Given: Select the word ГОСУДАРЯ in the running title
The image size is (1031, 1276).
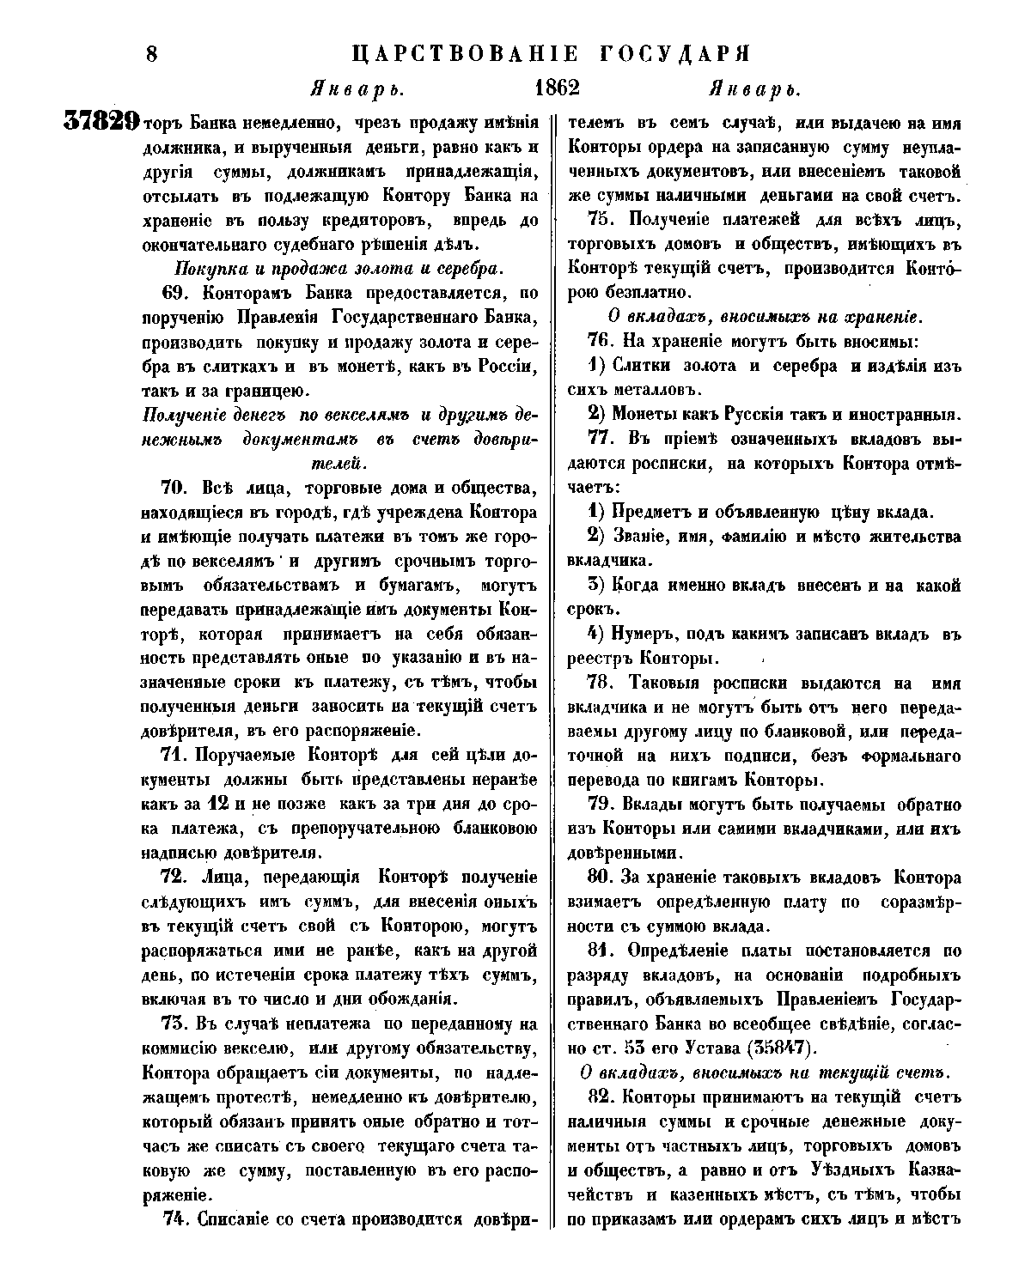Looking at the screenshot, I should point(671,53).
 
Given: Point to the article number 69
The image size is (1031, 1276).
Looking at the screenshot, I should point(174,294).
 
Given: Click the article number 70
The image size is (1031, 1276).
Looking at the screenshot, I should point(174,489).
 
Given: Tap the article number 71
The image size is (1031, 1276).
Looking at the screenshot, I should point(175,756).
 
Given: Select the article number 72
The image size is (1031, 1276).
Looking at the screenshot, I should point(174,878).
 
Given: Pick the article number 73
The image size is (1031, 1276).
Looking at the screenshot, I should point(174,1024).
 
